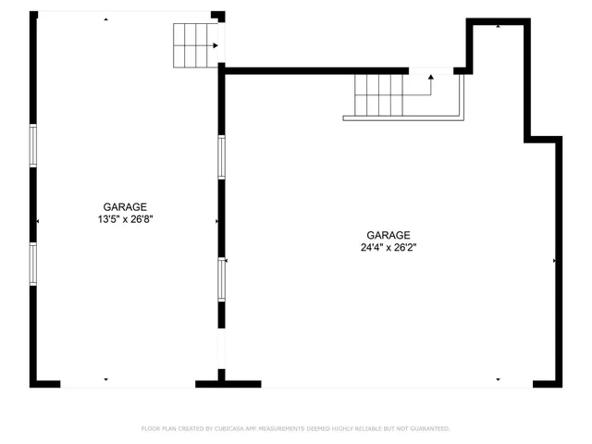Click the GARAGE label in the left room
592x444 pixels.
point(125,207)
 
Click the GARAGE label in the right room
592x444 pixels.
point(388,235)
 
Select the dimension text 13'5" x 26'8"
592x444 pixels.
point(125,220)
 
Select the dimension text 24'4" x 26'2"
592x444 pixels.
point(388,248)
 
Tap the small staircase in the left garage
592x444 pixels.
point(194,44)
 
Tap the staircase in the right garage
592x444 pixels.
point(388,94)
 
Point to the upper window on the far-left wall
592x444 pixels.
point(33,145)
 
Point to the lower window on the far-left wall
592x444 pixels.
point(33,264)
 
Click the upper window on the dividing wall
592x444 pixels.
point(221,156)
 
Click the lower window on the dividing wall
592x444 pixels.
point(221,278)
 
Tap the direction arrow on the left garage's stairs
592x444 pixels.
point(216,44)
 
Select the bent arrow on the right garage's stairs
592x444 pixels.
point(429,80)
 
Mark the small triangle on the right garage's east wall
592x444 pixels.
point(554,262)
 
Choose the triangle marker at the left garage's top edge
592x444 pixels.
point(106,18)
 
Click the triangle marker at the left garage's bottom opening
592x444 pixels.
point(106,379)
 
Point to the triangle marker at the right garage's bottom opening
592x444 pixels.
point(498,379)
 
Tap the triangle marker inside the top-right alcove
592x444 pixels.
point(499,26)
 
